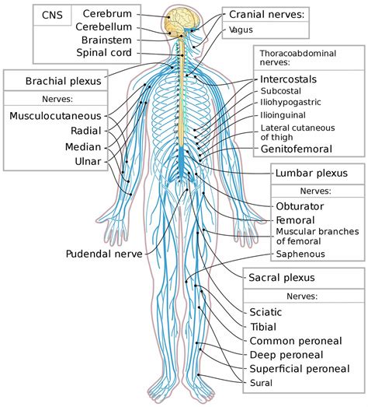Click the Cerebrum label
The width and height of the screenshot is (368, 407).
107,13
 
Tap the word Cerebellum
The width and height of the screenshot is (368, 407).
103,26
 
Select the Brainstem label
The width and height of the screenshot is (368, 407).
106,40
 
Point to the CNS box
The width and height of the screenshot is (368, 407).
52,15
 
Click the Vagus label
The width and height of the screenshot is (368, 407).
241,30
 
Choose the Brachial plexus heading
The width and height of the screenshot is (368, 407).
63,81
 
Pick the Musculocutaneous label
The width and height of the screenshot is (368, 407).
55,116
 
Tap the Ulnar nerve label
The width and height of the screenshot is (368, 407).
88,161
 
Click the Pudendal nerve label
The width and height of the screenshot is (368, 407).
104,254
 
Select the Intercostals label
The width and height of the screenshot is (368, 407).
288,79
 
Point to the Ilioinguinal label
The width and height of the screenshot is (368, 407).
283,115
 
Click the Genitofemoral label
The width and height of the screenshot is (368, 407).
297,149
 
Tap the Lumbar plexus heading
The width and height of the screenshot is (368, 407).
311,173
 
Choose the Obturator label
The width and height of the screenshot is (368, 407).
300,206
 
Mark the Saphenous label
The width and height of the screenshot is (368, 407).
300,254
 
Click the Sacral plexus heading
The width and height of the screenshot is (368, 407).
282,278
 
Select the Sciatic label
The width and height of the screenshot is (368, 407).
266,312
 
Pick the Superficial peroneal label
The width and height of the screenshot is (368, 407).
300,369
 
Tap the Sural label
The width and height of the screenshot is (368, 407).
261,383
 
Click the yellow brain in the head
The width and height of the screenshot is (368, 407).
182,21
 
